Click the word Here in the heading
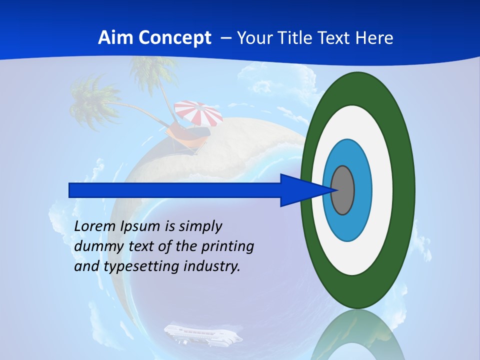tap(374, 38)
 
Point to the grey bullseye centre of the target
tap(343, 190)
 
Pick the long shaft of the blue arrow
tap(175, 190)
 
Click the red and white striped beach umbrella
tap(198, 113)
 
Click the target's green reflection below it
tap(358, 335)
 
